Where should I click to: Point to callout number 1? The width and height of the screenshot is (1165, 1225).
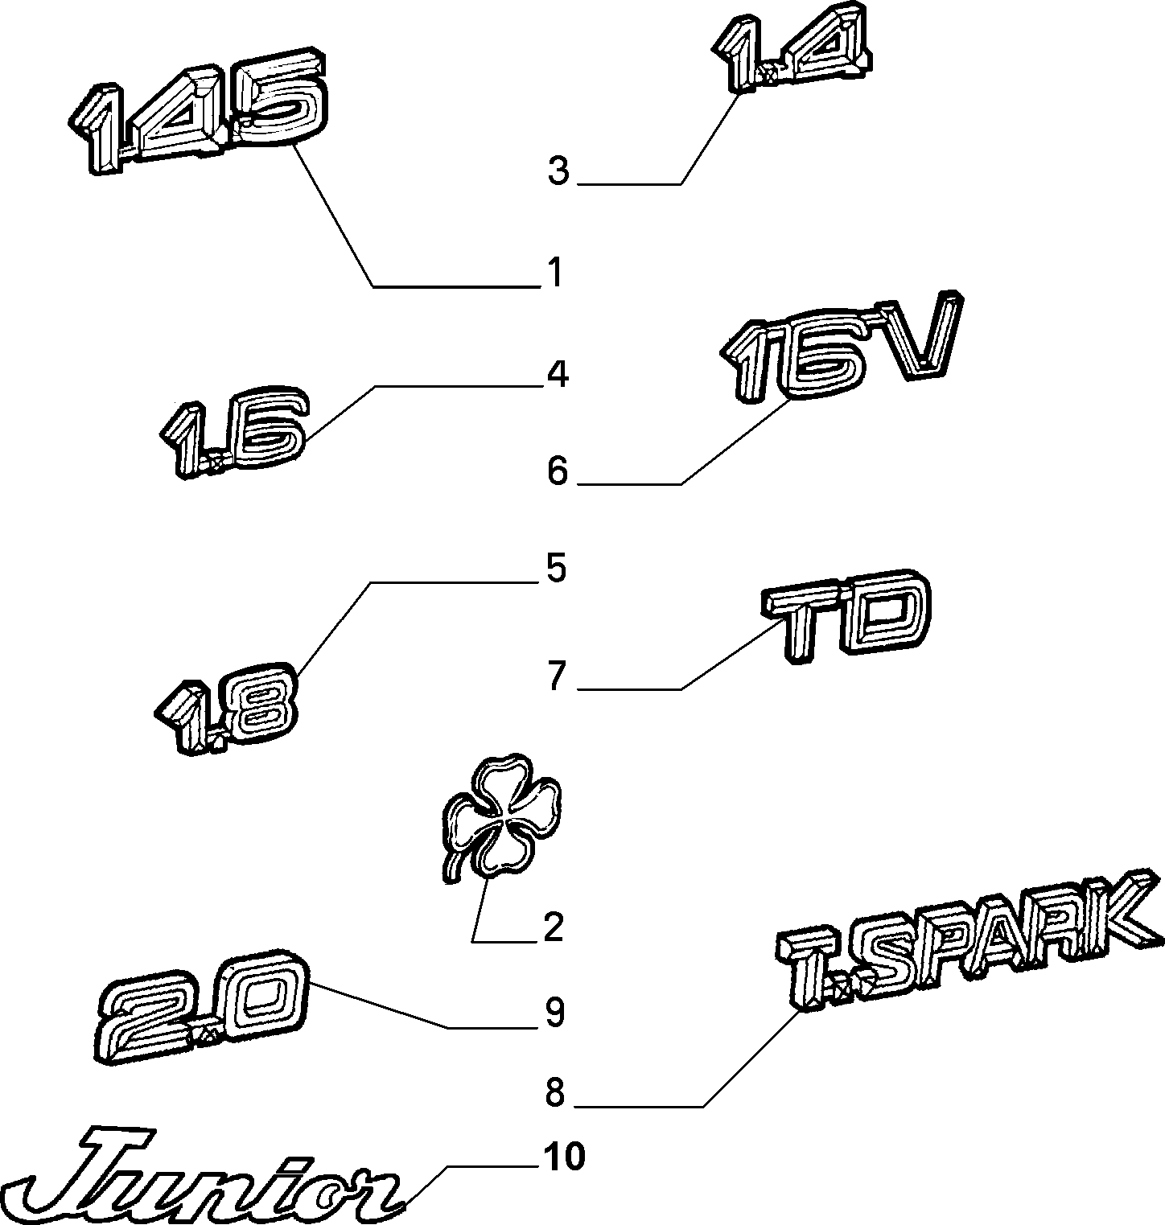coord(554,274)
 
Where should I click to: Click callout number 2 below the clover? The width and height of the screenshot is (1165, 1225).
coord(554,928)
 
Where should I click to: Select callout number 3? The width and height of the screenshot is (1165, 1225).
coord(558,171)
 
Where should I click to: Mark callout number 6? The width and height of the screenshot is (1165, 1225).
coord(558,471)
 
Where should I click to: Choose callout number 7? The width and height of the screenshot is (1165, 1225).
coord(558,676)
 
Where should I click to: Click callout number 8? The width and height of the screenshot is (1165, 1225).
coord(556,1094)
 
